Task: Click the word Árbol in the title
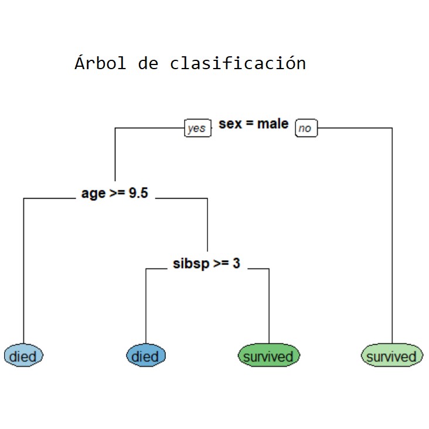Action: click(100, 63)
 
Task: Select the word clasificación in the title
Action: click(238, 63)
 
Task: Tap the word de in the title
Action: click(148, 63)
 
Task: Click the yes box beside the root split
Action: click(198, 128)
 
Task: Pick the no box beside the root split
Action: click(306, 128)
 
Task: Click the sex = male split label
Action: click(253, 124)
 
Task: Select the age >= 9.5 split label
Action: click(115, 193)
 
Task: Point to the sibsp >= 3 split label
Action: click(206, 264)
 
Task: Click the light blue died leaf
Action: click(23, 355)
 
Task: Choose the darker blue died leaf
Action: click(146, 355)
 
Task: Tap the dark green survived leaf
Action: click(269, 355)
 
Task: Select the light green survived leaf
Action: click(392, 355)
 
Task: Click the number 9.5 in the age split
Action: click(138, 193)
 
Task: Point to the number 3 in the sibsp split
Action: click(236, 263)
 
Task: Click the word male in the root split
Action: click(273, 124)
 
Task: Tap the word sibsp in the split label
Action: click(191, 264)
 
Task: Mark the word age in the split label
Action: click(94, 194)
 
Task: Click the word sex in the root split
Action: click(230, 124)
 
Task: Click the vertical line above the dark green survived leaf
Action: click(269, 306)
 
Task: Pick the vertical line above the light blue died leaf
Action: click(23, 271)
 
